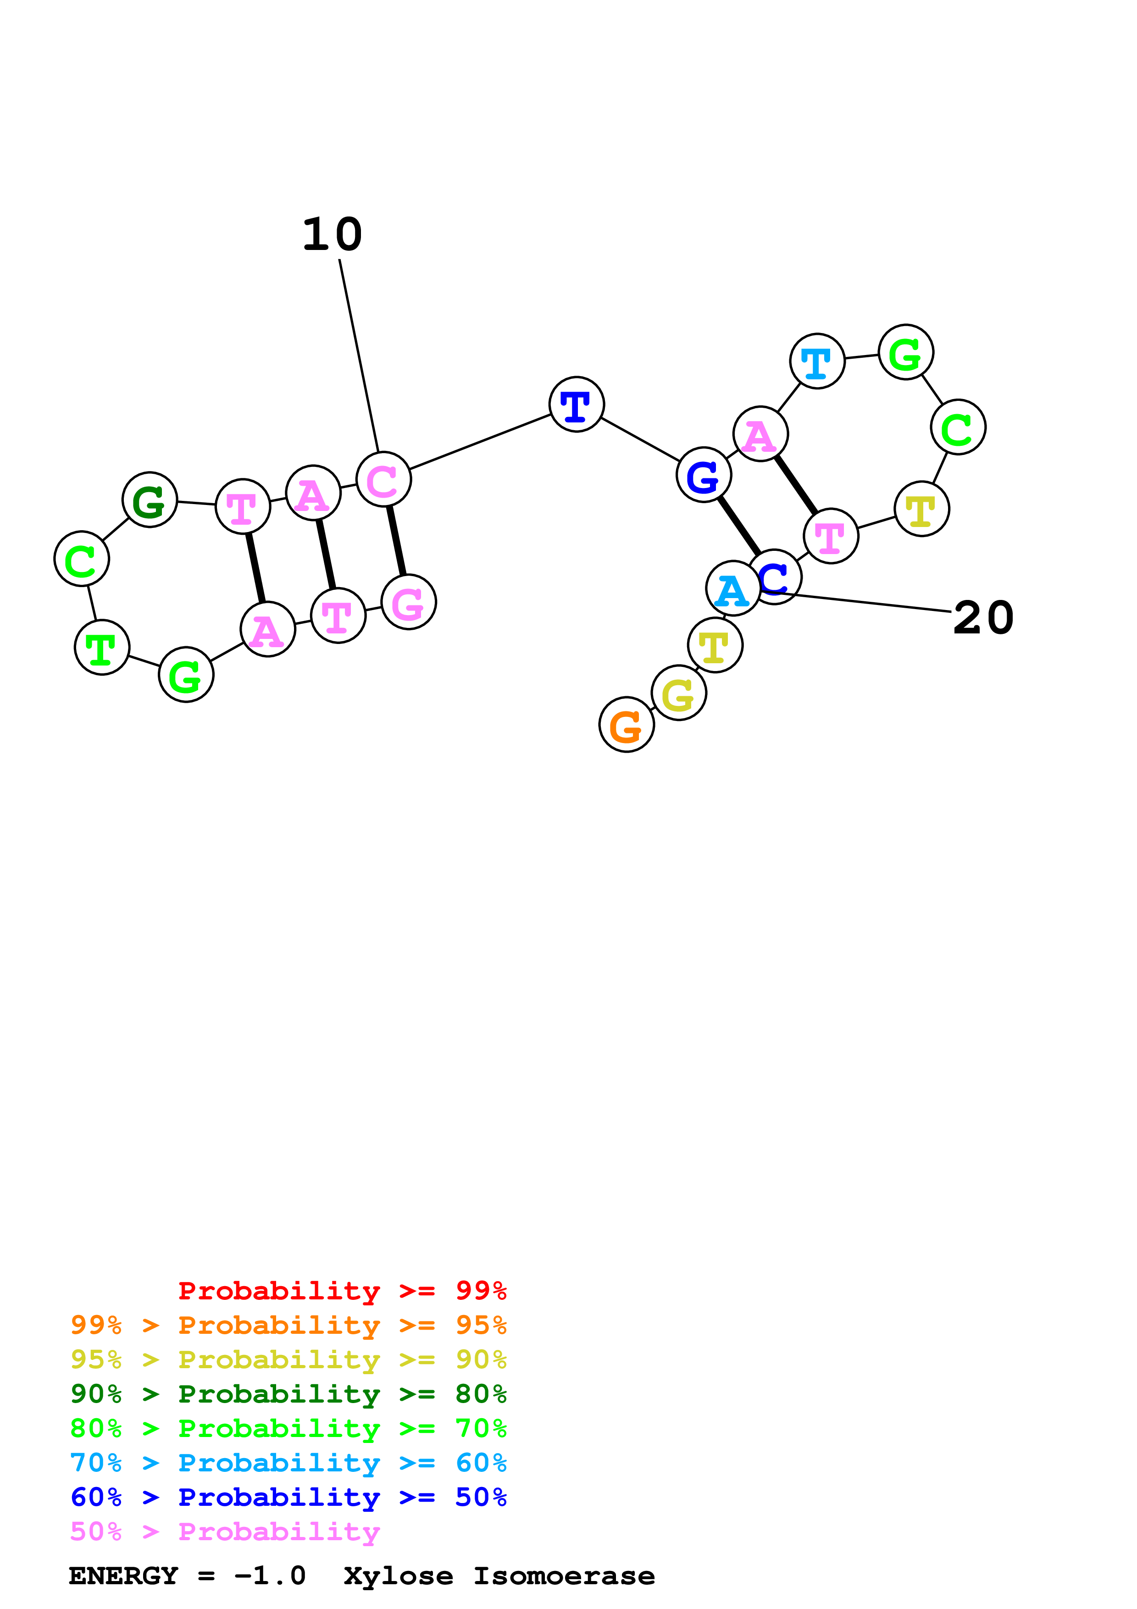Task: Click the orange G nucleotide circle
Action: click(x=627, y=725)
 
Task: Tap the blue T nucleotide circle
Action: click(x=576, y=405)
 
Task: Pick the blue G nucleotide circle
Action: click(x=704, y=475)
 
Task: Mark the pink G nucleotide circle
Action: click(x=408, y=602)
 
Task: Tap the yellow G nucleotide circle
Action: click(x=678, y=693)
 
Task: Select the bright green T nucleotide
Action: click(x=101, y=648)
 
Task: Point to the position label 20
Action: click(x=983, y=618)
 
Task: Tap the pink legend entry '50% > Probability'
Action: click(x=225, y=1532)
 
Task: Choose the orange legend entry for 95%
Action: click(x=288, y=1325)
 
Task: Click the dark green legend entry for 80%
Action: click(x=288, y=1394)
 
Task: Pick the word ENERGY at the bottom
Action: click(x=123, y=1576)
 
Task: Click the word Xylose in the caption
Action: click(x=398, y=1576)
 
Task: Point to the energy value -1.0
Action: click(x=271, y=1576)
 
